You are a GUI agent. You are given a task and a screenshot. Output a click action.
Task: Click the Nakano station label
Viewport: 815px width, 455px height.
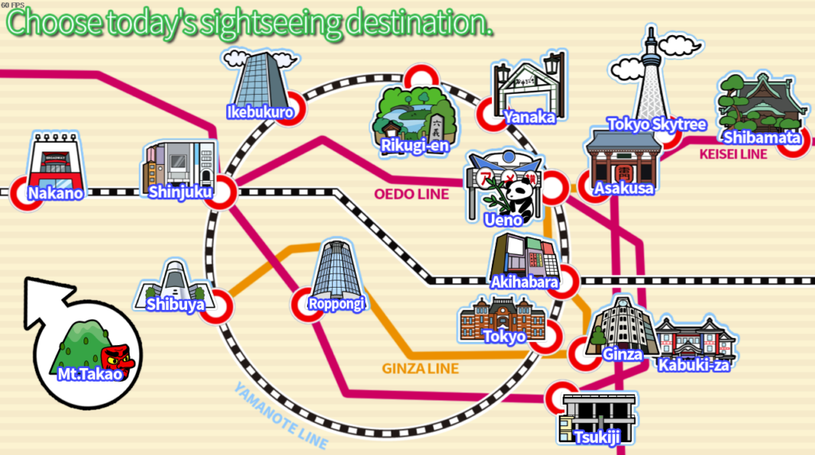click(56, 193)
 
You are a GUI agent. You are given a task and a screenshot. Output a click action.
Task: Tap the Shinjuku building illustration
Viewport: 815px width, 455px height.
click(179, 166)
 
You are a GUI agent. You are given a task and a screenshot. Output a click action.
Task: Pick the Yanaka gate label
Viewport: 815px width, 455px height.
click(529, 117)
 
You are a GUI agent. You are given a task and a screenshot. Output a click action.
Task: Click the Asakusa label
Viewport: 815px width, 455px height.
click(624, 188)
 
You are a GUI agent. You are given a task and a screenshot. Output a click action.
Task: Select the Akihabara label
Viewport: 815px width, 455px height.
click(524, 282)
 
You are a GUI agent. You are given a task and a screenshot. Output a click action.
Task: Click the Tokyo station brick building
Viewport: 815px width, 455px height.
click(503, 319)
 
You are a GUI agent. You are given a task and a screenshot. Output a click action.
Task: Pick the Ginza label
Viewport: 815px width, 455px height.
click(622, 355)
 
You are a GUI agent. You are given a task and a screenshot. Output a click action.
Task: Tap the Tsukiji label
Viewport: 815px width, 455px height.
click(598, 437)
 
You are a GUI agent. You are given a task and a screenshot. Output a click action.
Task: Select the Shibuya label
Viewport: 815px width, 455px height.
click(175, 304)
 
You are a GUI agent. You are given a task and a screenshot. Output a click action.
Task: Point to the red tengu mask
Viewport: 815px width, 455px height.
click(118, 360)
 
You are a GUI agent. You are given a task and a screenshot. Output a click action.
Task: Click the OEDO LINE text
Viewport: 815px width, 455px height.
click(411, 194)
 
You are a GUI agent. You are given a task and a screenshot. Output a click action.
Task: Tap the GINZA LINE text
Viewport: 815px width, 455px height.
click(420, 369)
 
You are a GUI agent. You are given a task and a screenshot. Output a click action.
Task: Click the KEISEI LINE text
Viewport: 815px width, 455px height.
click(733, 154)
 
